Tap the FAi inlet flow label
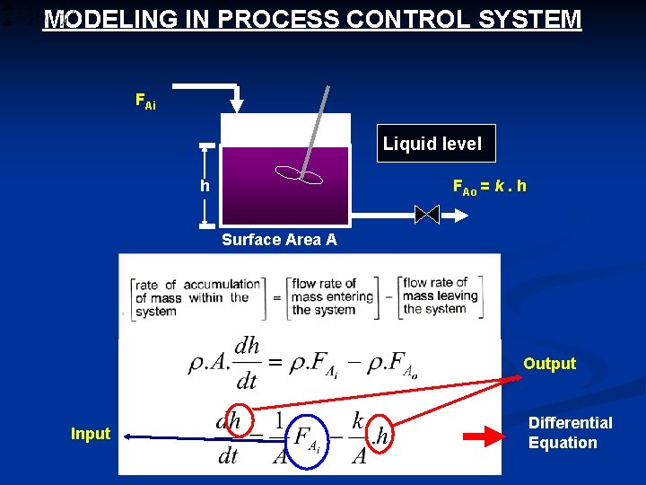pos(144,101)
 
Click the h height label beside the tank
pos(205,187)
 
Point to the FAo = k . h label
pos(489,188)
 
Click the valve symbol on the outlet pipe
pos(427,215)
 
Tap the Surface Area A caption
pos(279,240)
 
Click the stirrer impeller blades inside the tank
pos(301,174)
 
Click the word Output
pos(549,364)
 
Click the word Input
pos(91,434)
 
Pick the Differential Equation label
pos(570,432)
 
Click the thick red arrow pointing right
pos(487,438)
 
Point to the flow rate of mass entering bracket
pos(330,296)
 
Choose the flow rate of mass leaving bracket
pos(441,296)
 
